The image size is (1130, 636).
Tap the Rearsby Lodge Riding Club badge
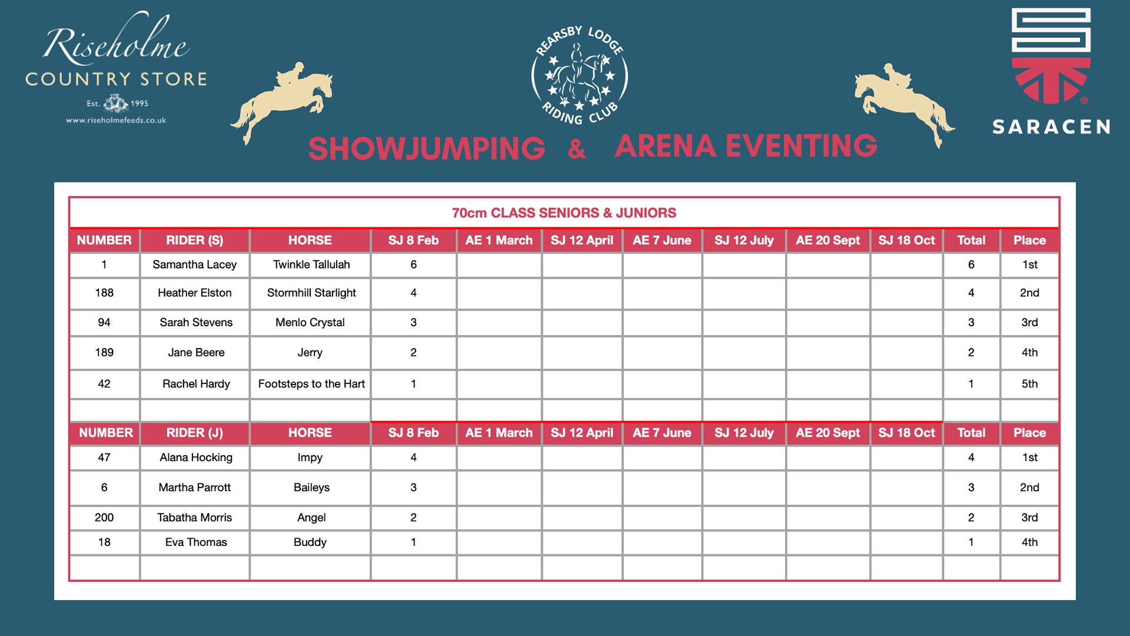[580, 75]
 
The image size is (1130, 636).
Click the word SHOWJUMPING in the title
[427, 148]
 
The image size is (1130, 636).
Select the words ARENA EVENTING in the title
[746, 146]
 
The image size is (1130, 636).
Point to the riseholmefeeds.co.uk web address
[116, 120]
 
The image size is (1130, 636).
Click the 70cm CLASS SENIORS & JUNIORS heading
[564, 213]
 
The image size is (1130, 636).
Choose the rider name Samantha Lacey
[195, 264]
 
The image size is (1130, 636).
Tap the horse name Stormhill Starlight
[311, 293]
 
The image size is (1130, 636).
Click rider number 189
[104, 352]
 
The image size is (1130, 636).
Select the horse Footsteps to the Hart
[311, 384]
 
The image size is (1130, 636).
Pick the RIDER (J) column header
[195, 433]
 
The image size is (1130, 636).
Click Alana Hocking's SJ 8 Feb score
[414, 458]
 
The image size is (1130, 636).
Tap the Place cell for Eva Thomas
[1029, 542]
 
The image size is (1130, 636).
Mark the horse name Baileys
[311, 488]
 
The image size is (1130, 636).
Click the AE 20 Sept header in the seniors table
[827, 240]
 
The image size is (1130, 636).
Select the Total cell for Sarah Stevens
[971, 322]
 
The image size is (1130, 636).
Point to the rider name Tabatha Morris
[195, 518]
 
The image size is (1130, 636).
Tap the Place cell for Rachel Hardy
[1029, 384]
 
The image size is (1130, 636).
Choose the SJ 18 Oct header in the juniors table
[906, 433]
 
